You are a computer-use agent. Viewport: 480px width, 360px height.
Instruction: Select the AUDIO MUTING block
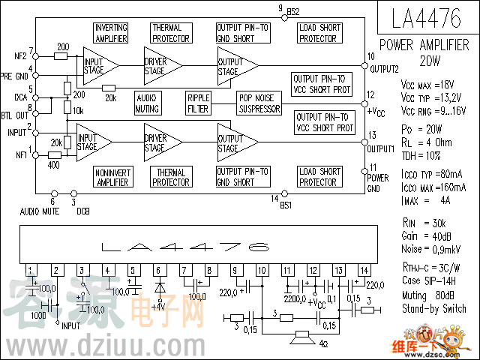pos(148,103)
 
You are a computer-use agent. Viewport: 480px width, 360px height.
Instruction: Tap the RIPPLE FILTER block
pos(198,103)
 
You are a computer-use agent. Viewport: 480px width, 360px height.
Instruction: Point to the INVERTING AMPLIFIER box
pos(111,33)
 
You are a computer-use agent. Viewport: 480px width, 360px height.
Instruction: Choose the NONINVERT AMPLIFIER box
pos(113,177)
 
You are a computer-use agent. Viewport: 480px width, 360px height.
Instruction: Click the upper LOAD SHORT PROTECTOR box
pos(319,33)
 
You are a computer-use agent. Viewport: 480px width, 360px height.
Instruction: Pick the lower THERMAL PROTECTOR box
pos(170,177)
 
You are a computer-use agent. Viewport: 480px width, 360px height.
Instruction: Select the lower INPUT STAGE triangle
pos(94,143)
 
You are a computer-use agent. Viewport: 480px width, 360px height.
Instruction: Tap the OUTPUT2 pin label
pos(383,69)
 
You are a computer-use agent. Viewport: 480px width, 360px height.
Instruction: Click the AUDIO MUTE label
pos(40,211)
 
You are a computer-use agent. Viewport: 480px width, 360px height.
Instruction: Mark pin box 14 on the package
pos(364,270)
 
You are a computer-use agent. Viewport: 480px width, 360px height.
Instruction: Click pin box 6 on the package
pos(157,270)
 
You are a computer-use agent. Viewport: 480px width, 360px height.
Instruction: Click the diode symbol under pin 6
pos(158,287)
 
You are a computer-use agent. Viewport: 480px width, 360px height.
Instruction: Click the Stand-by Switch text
pos(433,308)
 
